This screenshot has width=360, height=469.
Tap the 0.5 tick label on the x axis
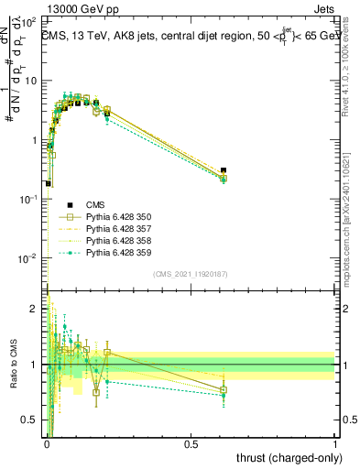[x=191, y=444]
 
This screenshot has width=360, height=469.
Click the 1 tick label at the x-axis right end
[x=335, y=444]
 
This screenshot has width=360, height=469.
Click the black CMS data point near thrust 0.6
[x=224, y=170]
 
